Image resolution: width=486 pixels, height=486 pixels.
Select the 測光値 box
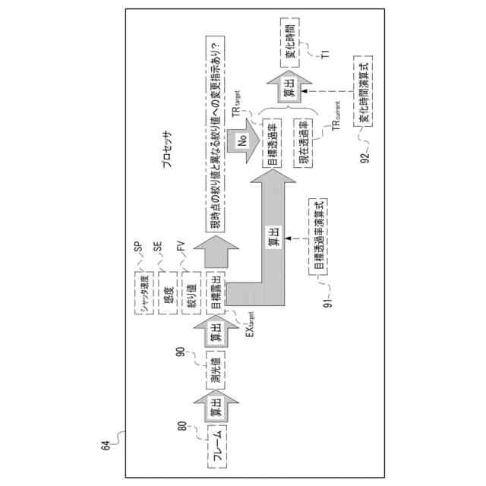216,368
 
